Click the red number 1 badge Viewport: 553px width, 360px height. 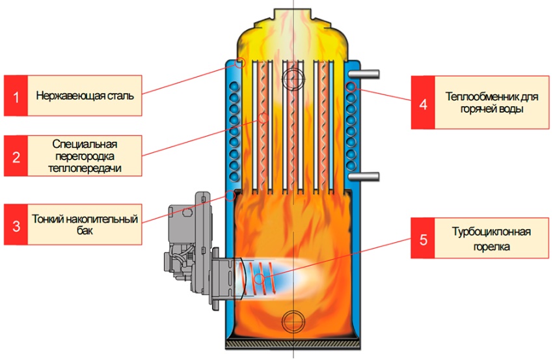point(16,96)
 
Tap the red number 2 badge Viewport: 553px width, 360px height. point(16,156)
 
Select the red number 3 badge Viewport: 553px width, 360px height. point(16,224)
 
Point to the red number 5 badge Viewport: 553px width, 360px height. point(424,240)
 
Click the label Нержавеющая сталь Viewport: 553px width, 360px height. point(85,96)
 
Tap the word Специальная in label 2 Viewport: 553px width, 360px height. point(85,144)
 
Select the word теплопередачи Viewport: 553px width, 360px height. point(85,168)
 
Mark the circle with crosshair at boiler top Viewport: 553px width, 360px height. point(293,79)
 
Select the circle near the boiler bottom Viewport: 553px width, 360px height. point(293,320)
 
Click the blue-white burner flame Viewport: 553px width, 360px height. point(286,277)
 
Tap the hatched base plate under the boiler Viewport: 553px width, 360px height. point(293,343)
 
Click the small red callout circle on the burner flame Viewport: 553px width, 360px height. point(260,279)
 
